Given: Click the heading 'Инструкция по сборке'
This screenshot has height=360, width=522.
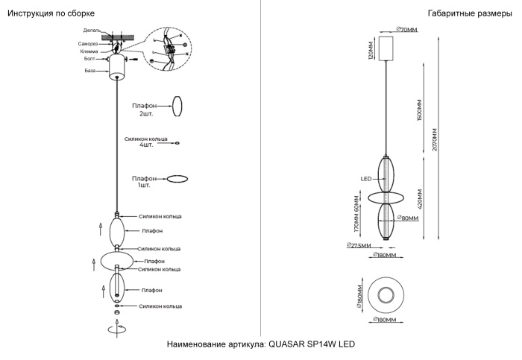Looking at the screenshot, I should click(51, 14).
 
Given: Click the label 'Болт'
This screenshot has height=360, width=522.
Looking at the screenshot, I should click(89, 58).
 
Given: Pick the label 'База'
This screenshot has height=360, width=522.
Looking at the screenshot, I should click(89, 70).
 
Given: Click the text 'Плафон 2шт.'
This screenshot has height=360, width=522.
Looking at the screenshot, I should click(145, 110).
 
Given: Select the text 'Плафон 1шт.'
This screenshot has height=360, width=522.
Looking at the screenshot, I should click(145, 182).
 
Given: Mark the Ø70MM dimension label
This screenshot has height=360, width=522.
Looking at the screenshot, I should click(406, 29).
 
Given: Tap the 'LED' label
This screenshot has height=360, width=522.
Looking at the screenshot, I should click(366, 179).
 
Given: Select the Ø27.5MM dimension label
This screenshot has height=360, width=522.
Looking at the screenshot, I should click(360, 246).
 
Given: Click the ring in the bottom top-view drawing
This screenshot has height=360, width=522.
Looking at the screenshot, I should click(387, 293).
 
